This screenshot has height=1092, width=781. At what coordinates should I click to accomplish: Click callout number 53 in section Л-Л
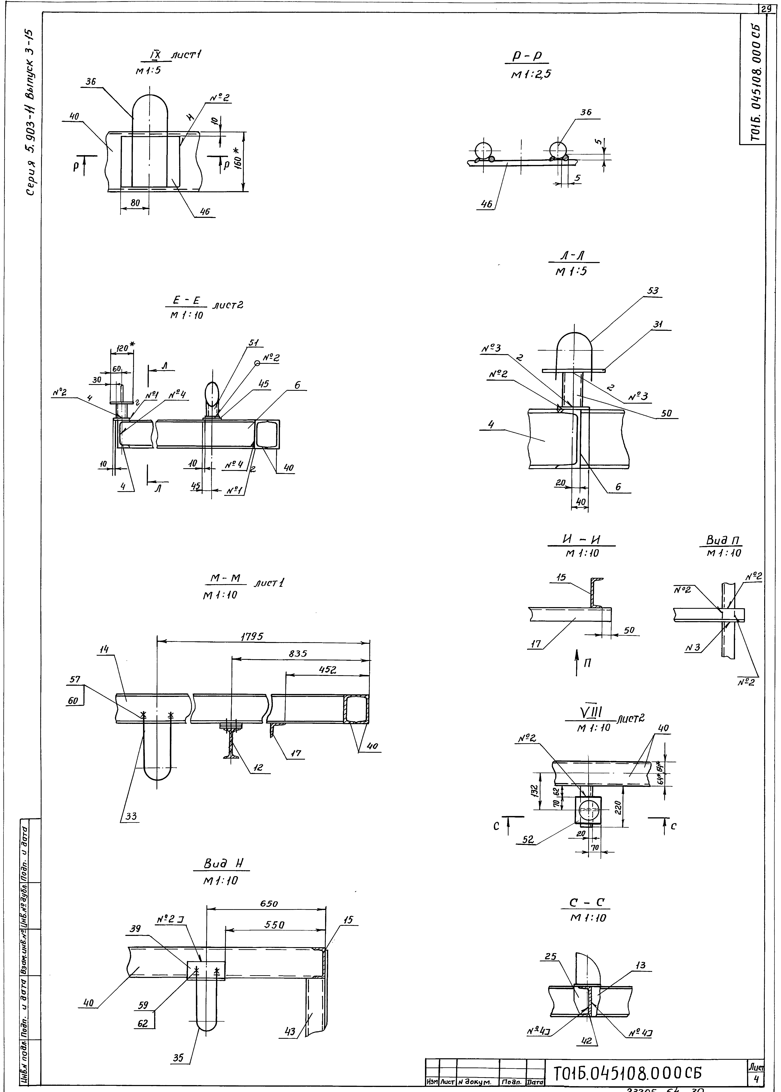tap(653, 291)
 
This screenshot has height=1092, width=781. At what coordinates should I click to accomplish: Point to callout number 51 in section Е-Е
tap(253, 343)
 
